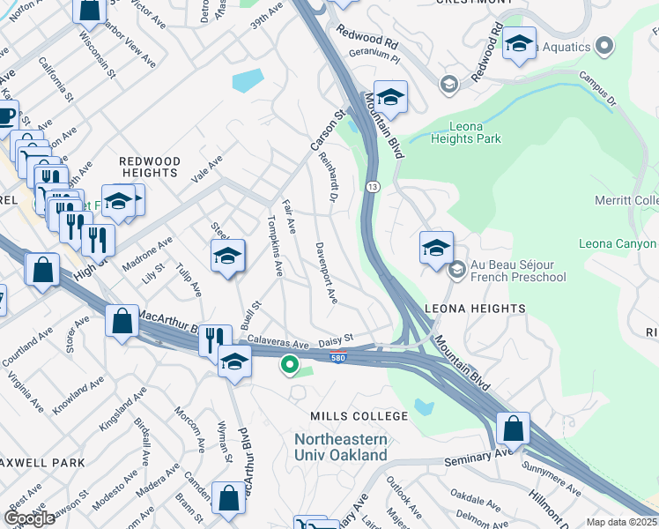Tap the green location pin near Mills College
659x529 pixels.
(288, 362)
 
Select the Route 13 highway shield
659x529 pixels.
(374, 187)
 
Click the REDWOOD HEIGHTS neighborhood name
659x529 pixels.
(150, 168)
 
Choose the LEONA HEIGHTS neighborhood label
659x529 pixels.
(475, 309)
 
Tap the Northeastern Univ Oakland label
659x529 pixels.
(341, 447)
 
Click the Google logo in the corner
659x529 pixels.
(29, 518)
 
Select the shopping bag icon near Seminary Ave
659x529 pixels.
(513, 428)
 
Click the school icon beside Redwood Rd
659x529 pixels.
(519, 43)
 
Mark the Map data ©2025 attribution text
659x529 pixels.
(621, 522)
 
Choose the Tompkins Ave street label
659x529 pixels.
(274, 246)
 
